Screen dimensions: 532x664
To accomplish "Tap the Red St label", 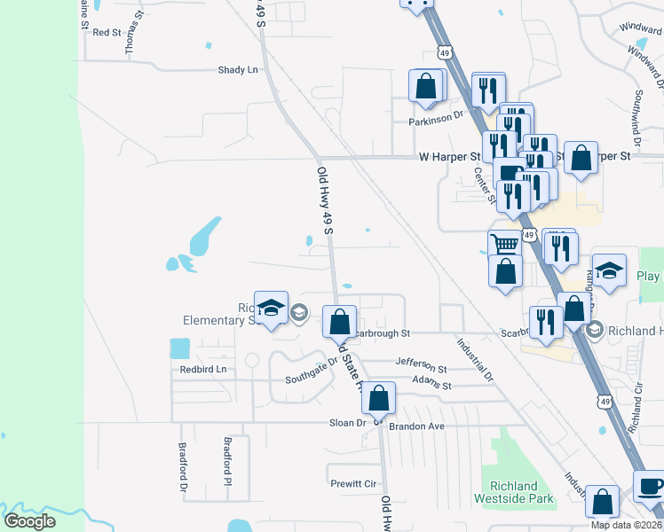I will [107, 32].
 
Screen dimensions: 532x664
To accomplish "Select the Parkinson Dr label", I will [436, 115].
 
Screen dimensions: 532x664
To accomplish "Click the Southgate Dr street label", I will [312, 372].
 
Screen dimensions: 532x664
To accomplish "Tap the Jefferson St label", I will [421, 364].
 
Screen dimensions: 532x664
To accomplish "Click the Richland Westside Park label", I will [523, 492].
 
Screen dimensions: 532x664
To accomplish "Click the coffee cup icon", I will [649, 487].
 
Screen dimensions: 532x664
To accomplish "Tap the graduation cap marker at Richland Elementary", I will [272, 308].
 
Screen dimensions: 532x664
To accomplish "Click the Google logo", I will [30, 521].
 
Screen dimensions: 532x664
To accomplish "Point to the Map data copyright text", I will [626, 525].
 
